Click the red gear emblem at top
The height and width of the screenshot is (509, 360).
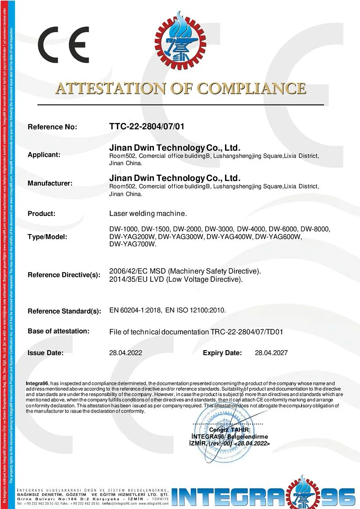179,41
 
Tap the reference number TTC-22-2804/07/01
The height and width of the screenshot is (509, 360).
147,126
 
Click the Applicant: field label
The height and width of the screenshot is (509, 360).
44,155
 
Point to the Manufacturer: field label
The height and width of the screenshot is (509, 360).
50,183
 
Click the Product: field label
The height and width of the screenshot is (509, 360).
41,213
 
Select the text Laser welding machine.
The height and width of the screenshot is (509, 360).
148,213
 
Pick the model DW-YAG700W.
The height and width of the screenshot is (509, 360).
133,244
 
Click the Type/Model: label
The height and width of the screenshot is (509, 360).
47,237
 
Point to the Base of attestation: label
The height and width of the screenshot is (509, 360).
58,331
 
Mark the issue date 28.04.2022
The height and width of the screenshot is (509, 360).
126,353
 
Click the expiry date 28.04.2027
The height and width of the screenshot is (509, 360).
271,353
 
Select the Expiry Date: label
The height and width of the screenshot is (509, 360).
222,353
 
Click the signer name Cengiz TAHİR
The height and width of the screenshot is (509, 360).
229,430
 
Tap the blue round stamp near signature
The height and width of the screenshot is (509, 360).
224,439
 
